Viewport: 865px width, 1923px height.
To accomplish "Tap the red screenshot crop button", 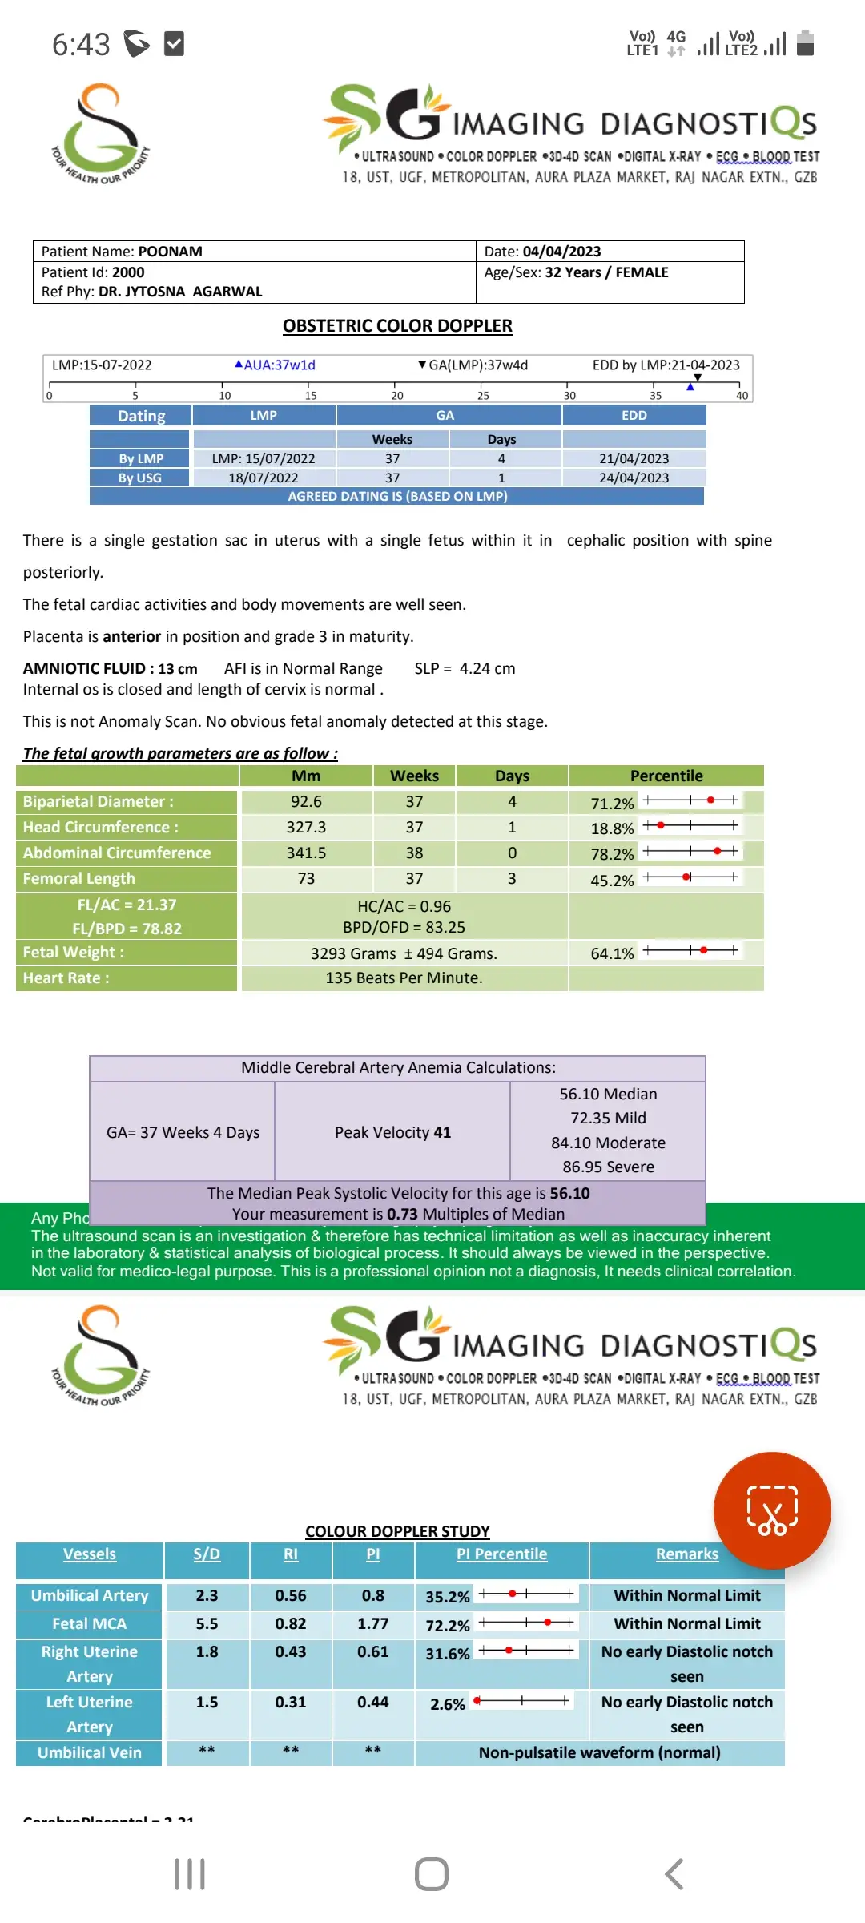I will coord(772,1510).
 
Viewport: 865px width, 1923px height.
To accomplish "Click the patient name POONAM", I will coord(170,252).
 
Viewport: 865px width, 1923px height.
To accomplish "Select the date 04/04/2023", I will coord(561,252).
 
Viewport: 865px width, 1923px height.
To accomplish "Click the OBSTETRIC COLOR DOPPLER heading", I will coord(397,326).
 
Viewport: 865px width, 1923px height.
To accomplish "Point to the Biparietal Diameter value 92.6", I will coord(306,801).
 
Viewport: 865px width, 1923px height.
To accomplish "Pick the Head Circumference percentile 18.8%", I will coord(612,828).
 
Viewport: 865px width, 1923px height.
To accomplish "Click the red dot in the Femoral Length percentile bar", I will coord(686,877).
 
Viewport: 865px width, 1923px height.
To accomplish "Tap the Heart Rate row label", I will coord(66,978).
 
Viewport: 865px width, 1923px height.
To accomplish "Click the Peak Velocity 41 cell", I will coord(392,1132).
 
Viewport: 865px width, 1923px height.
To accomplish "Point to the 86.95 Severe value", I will coord(608,1167).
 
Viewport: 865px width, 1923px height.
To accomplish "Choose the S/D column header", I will coord(207,1554).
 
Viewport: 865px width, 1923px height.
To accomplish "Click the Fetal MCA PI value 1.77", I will coord(372,1623).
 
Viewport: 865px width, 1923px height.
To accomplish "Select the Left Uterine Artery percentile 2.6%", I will coord(447,1704).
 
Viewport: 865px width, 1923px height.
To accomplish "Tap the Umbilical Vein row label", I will coord(89,1752).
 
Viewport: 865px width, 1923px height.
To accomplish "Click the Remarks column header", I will coord(686,1554).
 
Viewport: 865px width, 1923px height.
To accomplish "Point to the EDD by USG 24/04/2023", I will coord(634,478).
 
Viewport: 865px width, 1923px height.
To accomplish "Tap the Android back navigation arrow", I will coord(674,1874).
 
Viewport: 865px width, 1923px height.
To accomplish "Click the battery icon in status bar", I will coord(806,43).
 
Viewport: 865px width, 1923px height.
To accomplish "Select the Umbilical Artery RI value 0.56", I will coord(291,1595).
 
